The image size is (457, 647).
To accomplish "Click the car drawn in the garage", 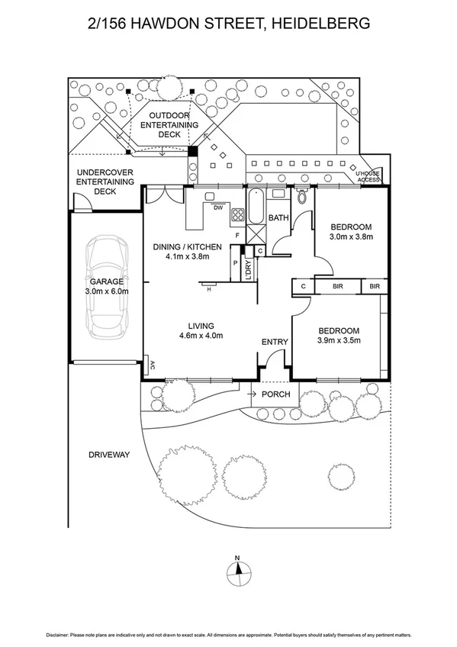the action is point(107,287).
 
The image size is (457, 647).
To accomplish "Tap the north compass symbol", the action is point(239,572).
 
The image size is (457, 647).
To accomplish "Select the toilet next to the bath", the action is point(302,196).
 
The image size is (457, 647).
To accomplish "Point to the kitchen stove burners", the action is point(238,214).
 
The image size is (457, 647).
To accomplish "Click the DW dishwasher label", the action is point(218,208).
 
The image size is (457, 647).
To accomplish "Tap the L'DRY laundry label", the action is point(248,270).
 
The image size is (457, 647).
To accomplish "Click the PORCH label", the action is point(276,394).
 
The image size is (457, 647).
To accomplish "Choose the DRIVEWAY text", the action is point(109,455).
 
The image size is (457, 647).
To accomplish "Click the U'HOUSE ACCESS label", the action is point(368,176).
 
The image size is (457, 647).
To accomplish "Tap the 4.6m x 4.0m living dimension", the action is point(201,336).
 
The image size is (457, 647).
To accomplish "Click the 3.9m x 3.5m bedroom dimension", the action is point(339,340).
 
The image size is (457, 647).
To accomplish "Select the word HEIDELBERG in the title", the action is point(321,23).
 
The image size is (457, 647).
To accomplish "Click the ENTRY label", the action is point(275,342).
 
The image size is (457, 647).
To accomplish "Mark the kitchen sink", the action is point(210,196).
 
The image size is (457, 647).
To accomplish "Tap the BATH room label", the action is point(278,217).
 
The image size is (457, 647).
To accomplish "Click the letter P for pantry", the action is point(235,262).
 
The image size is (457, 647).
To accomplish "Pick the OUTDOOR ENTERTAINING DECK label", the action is point(169,125).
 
